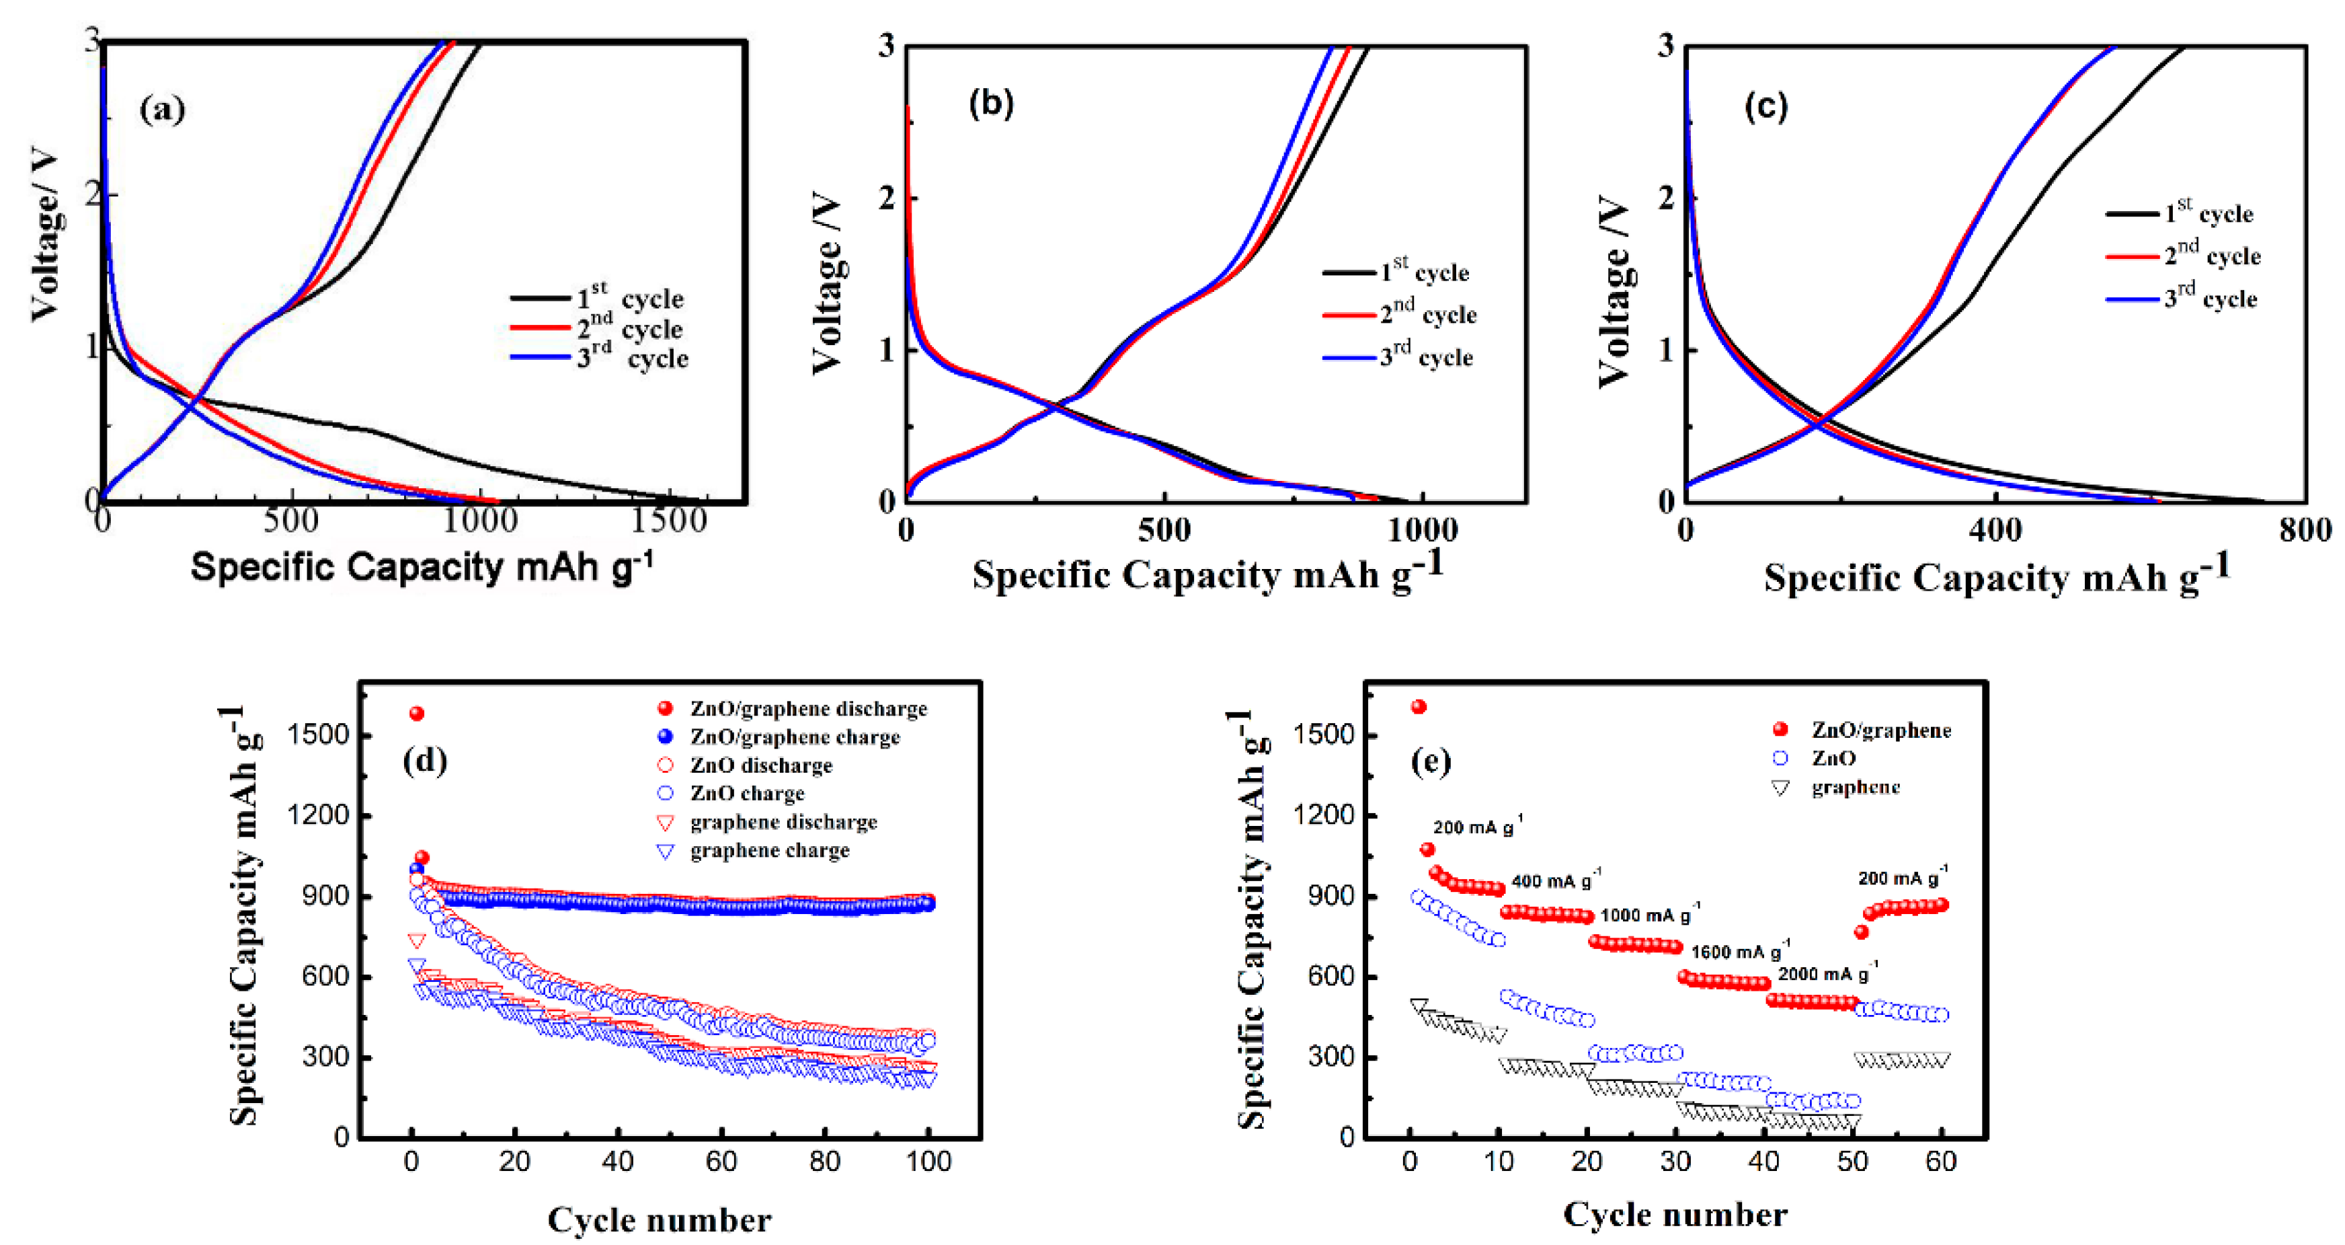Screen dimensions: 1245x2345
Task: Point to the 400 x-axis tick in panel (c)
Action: click(1995, 529)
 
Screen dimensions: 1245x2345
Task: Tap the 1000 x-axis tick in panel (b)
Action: click(1421, 529)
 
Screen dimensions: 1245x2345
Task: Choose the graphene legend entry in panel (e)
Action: click(1854, 787)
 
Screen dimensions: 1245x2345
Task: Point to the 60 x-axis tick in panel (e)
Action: click(1941, 1161)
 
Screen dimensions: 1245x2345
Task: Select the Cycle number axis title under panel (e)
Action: click(1675, 1214)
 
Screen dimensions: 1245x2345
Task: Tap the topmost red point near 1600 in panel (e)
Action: click(1419, 707)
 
